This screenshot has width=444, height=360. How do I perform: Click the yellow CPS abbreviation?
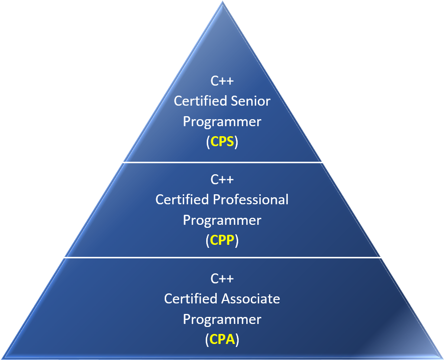click(222, 142)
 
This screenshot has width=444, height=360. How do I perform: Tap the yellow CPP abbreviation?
click(222, 241)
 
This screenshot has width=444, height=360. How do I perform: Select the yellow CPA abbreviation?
click(222, 340)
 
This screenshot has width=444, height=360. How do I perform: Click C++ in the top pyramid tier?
click(222, 81)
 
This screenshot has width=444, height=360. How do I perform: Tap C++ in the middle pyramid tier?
click(222, 179)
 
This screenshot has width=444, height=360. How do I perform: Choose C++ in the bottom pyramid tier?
click(222, 278)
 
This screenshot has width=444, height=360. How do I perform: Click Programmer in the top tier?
click(222, 122)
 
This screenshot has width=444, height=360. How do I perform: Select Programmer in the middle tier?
click(222, 221)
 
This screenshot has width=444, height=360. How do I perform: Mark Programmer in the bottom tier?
click(222, 320)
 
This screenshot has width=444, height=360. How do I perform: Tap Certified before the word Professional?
click(182, 200)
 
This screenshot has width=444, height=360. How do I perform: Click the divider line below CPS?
click(222, 162)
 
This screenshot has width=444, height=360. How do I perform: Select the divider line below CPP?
click(222, 258)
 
